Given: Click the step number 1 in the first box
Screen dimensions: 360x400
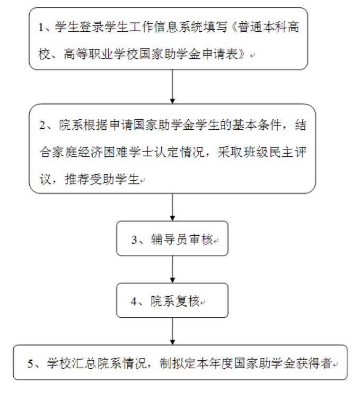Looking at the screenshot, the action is (x=41, y=28).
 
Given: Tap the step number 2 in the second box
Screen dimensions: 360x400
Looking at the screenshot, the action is (x=42, y=126).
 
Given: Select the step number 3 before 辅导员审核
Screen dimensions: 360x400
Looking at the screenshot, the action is (x=134, y=240).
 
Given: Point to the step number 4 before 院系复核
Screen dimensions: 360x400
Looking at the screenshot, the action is (x=134, y=301).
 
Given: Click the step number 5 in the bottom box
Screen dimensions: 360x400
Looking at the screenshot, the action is (x=31, y=364).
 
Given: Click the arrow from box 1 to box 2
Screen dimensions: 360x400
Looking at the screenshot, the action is (x=172, y=87).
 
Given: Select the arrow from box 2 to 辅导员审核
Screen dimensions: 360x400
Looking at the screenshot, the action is (x=172, y=207).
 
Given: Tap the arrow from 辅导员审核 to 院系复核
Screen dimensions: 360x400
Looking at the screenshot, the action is (x=172, y=269).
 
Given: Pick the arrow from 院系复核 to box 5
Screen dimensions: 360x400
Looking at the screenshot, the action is (x=172, y=331).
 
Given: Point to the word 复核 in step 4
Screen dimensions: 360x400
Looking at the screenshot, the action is (x=187, y=301).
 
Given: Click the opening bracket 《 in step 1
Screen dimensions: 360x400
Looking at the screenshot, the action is (x=233, y=28).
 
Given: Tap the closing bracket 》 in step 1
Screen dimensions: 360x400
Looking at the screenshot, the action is (x=242, y=54).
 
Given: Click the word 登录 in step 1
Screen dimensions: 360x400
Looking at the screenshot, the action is (x=91, y=28).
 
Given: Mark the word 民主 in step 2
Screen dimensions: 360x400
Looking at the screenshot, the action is (x=282, y=152).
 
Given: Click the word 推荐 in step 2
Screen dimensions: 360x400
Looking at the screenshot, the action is (x=77, y=179).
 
